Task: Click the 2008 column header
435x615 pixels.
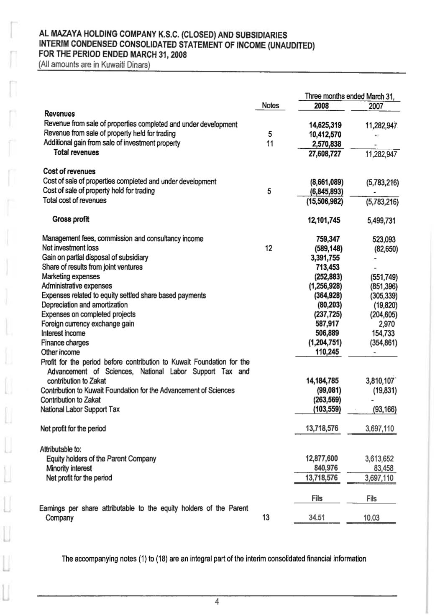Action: [x=321, y=106]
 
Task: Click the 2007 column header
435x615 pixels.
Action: [x=376, y=106]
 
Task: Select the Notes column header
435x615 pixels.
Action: [x=270, y=106]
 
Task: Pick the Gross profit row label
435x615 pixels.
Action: [x=71, y=219]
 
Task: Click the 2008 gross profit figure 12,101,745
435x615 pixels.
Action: [x=325, y=220]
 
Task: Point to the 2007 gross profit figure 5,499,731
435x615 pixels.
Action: [x=381, y=220]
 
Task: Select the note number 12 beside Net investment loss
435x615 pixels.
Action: [x=269, y=248]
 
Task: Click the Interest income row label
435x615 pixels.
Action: [x=63, y=333]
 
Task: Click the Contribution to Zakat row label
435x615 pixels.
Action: [x=70, y=400]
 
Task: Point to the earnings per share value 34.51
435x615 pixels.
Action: [x=317, y=518]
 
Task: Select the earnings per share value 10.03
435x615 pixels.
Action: [x=371, y=518]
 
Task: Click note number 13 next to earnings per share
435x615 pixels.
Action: [x=266, y=518]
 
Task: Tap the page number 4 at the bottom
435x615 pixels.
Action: [x=217, y=602]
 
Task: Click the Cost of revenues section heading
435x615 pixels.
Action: [x=69, y=171]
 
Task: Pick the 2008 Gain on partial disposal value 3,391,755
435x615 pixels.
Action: [x=324, y=258]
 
